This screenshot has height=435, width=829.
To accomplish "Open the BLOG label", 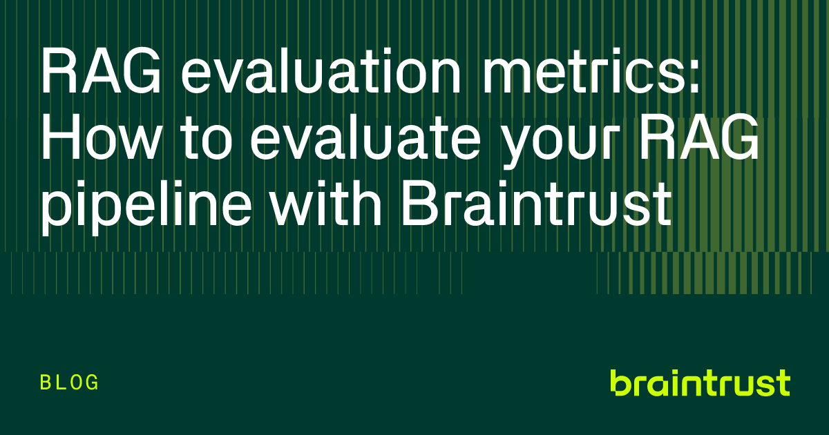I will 70,382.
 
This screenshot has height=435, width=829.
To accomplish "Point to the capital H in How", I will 61,139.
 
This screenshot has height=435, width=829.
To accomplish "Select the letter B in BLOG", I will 46,382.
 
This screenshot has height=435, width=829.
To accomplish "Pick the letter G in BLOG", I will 93,382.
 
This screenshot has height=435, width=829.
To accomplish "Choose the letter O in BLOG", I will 76,382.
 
